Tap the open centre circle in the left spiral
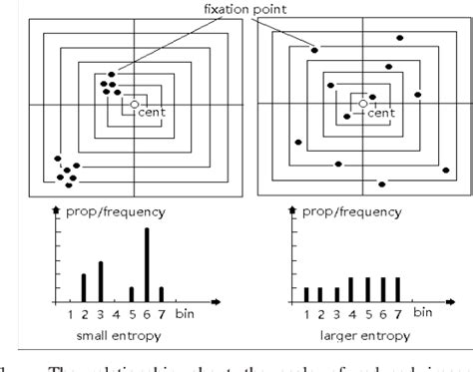pyautogui.click(x=133, y=104)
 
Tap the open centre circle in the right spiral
pyautogui.click(x=360, y=103)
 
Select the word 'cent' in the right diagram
pyautogui.click(x=381, y=113)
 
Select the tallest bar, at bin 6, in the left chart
pyautogui.click(x=147, y=264)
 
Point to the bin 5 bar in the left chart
pyautogui.click(x=132, y=294)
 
